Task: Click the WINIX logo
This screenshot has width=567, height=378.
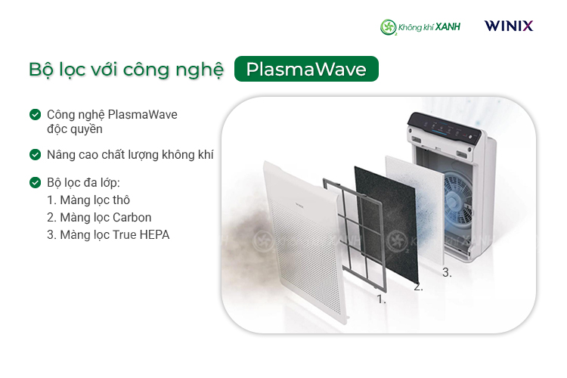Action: tap(509, 26)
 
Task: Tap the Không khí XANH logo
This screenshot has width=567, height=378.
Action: tap(420, 26)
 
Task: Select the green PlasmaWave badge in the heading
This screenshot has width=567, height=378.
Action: tap(306, 70)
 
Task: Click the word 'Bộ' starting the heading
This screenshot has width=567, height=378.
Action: tap(42, 70)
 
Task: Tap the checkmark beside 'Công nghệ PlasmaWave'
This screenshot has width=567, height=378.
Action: tap(35, 115)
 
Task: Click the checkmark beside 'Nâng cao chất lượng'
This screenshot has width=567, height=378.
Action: tap(35, 154)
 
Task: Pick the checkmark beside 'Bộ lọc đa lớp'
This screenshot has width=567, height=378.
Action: tap(35, 183)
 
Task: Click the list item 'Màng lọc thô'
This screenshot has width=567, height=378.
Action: tap(88, 200)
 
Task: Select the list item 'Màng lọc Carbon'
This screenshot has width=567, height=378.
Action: tap(99, 218)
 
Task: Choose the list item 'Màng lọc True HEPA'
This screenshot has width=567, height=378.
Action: tap(108, 235)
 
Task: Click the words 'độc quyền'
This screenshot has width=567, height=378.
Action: tap(75, 129)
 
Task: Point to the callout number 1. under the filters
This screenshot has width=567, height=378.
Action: tap(381, 299)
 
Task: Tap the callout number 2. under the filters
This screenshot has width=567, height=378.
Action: tap(418, 287)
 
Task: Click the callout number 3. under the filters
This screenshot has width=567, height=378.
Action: tap(447, 273)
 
